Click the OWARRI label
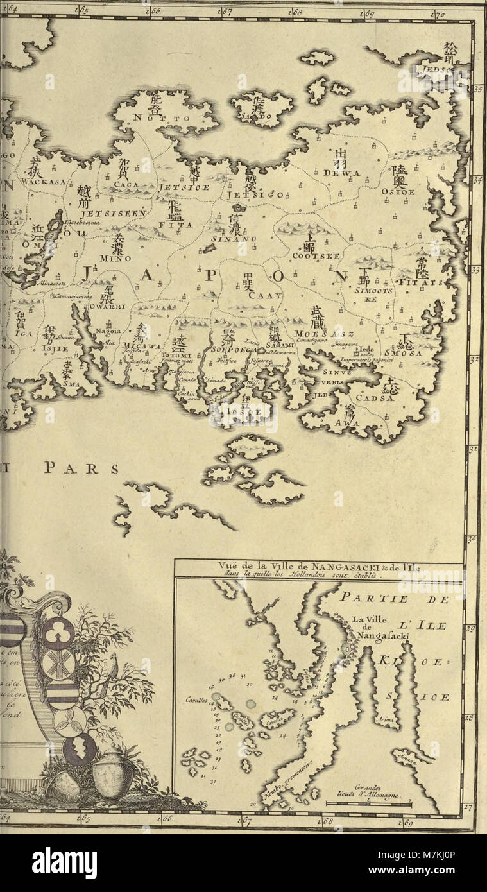(101, 306)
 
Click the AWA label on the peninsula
(346, 423)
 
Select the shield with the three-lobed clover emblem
(58, 632)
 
